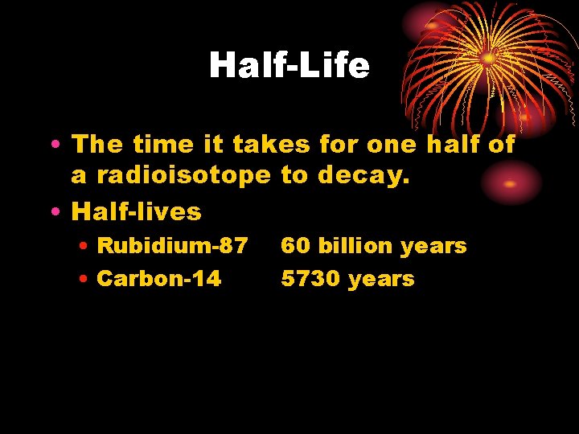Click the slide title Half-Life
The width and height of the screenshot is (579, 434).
289,66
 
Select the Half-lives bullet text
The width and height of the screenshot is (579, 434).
136,211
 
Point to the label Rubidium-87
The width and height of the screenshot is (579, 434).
172,246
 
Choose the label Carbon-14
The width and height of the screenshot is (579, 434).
158,279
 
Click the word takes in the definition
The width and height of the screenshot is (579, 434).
270,145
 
